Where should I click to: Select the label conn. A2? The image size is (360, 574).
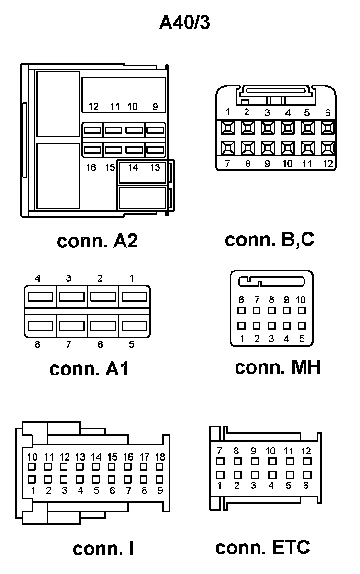click(x=97, y=241)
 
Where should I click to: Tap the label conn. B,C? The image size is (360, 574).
click(x=269, y=240)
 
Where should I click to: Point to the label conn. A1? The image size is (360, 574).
click(x=89, y=369)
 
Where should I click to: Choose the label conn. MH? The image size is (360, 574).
click(x=278, y=367)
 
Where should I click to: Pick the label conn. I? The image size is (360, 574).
click(x=103, y=549)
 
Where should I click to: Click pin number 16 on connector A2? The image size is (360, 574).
click(x=90, y=167)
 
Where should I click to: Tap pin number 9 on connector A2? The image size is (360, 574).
click(x=155, y=107)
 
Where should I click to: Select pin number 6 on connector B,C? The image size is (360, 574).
click(x=328, y=113)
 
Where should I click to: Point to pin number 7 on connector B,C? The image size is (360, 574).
click(x=227, y=164)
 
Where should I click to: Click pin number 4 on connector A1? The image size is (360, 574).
click(x=37, y=278)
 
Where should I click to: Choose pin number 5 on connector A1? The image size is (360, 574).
click(x=131, y=344)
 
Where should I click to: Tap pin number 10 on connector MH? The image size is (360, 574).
click(x=301, y=300)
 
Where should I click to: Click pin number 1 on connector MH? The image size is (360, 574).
click(x=242, y=339)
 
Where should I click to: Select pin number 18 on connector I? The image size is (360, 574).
click(x=160, y=457)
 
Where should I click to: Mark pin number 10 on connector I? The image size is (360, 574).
click(x=33, y=457)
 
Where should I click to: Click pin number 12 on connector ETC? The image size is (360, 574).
click(x=306, y=451)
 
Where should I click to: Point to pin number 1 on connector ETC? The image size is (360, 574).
click(x=220, y=486)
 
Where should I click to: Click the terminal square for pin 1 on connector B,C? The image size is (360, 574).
click(x=228, y=128)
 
